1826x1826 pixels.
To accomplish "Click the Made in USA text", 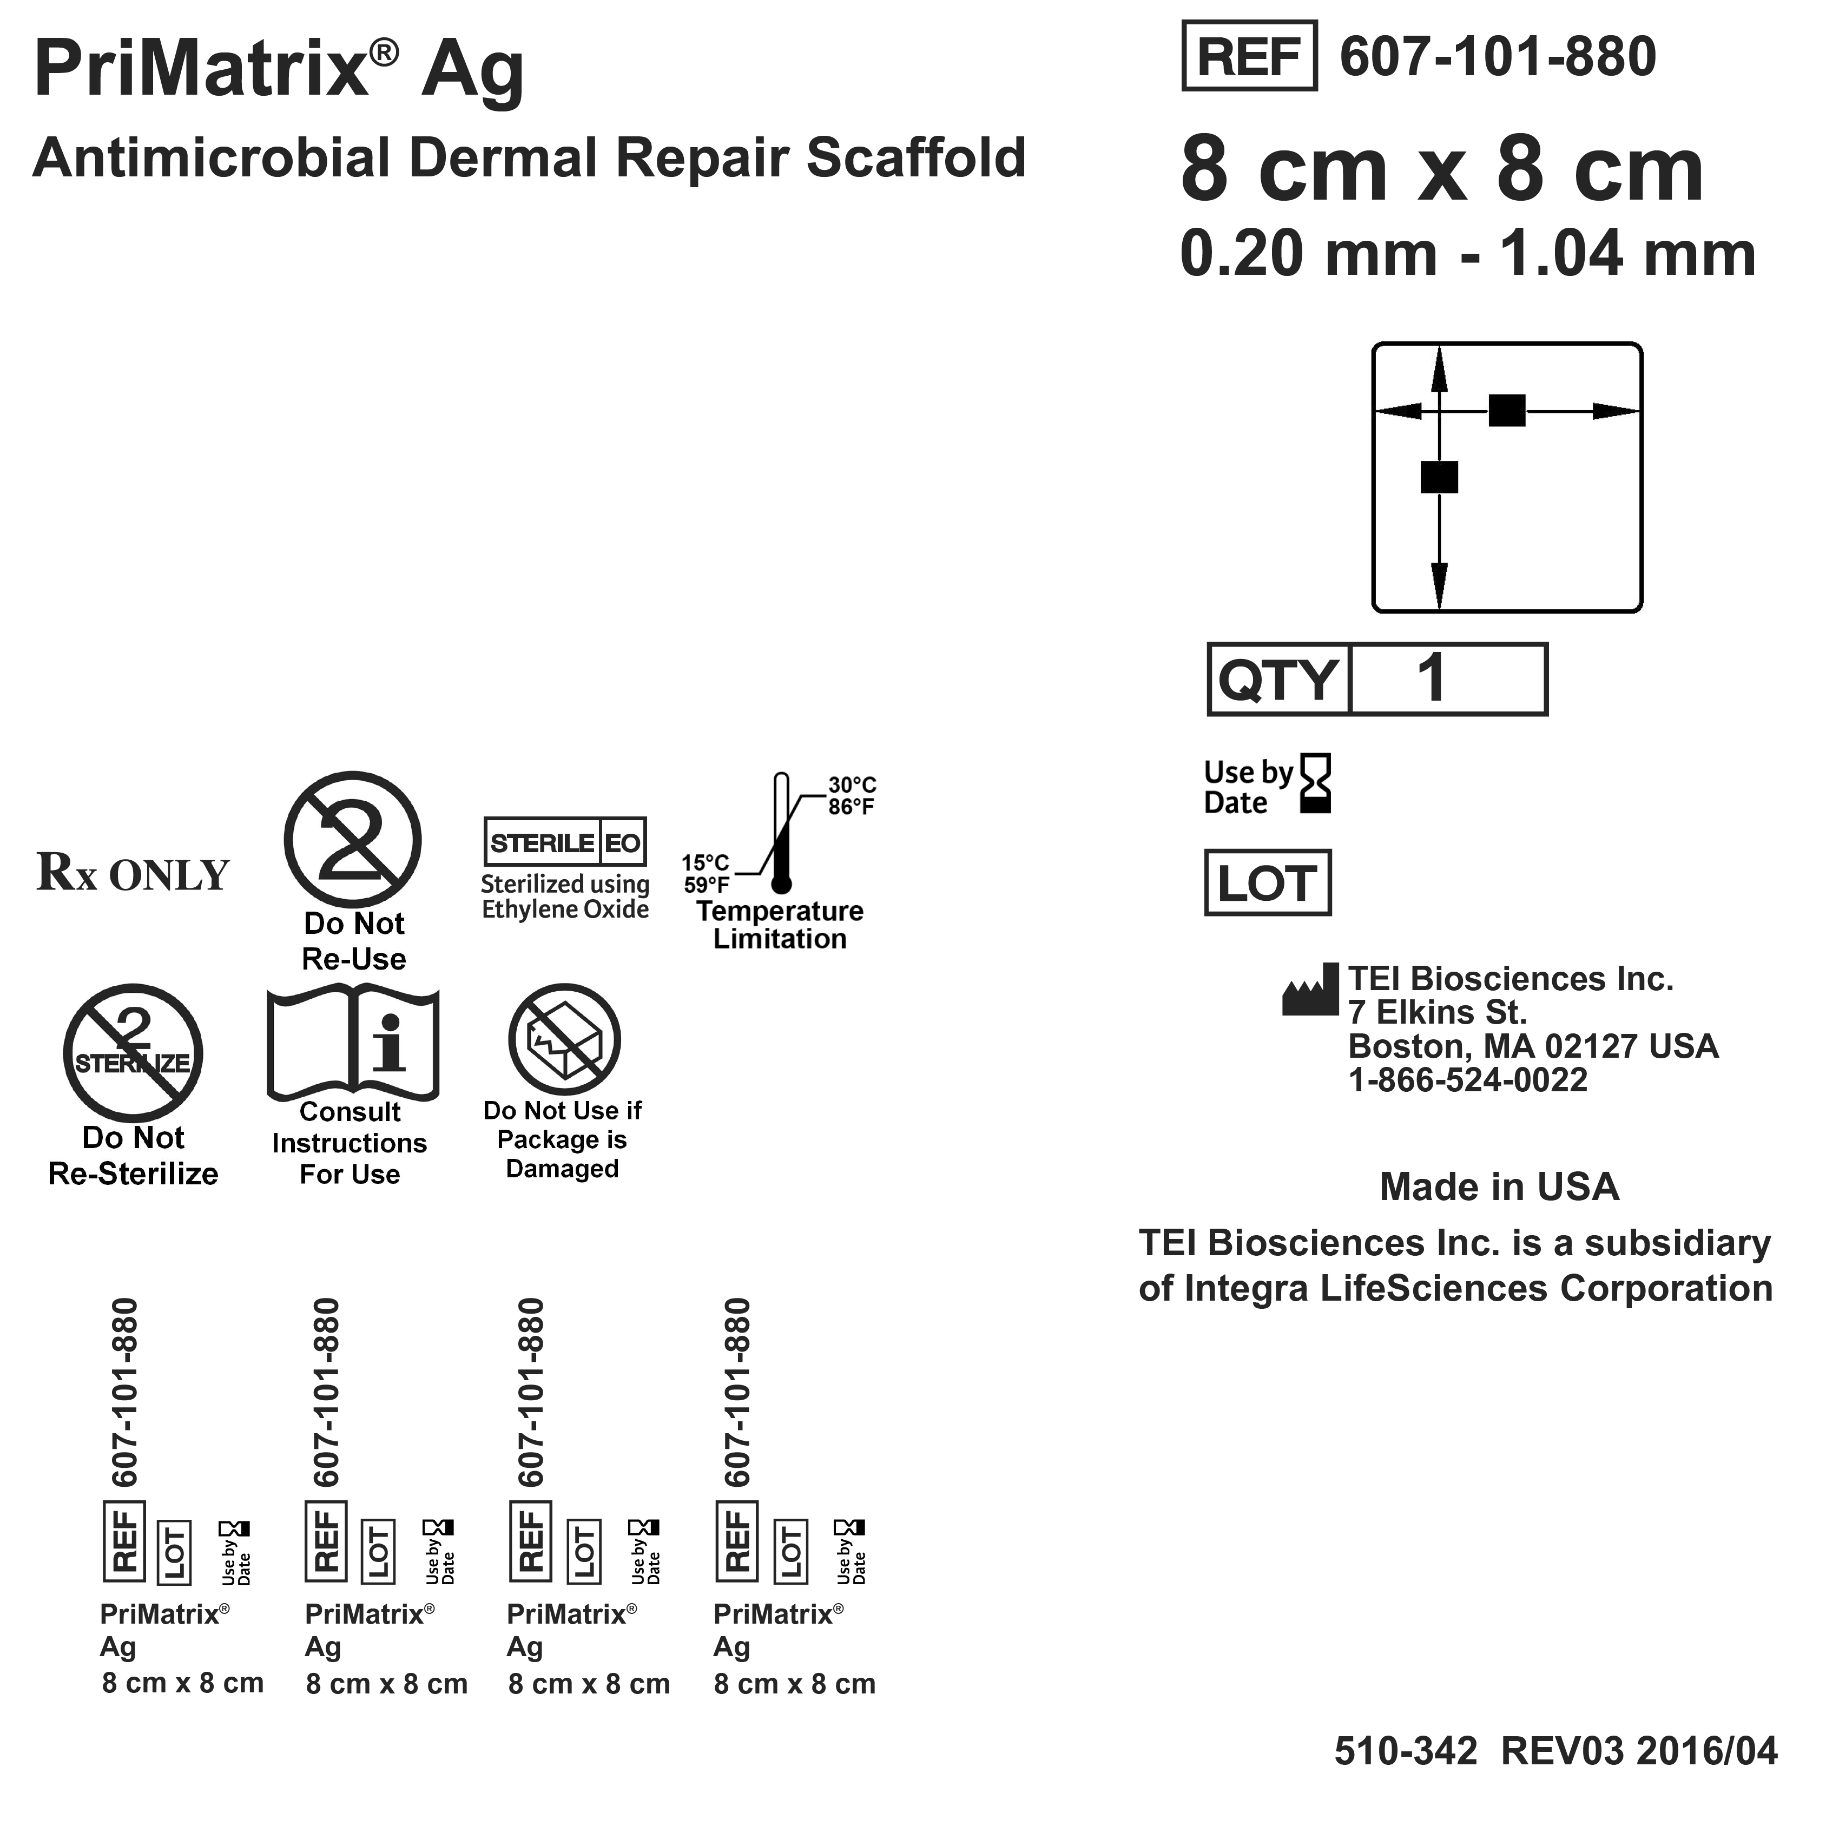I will (1499, 1187).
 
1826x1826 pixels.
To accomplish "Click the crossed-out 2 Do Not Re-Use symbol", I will (353, 840).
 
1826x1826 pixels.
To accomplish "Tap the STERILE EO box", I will (565, 842).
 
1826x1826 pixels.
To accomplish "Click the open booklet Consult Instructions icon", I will (353, 1043).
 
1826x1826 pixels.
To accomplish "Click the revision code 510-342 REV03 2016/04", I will (1555, 1751).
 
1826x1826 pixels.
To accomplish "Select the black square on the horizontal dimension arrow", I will (1507, 410).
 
